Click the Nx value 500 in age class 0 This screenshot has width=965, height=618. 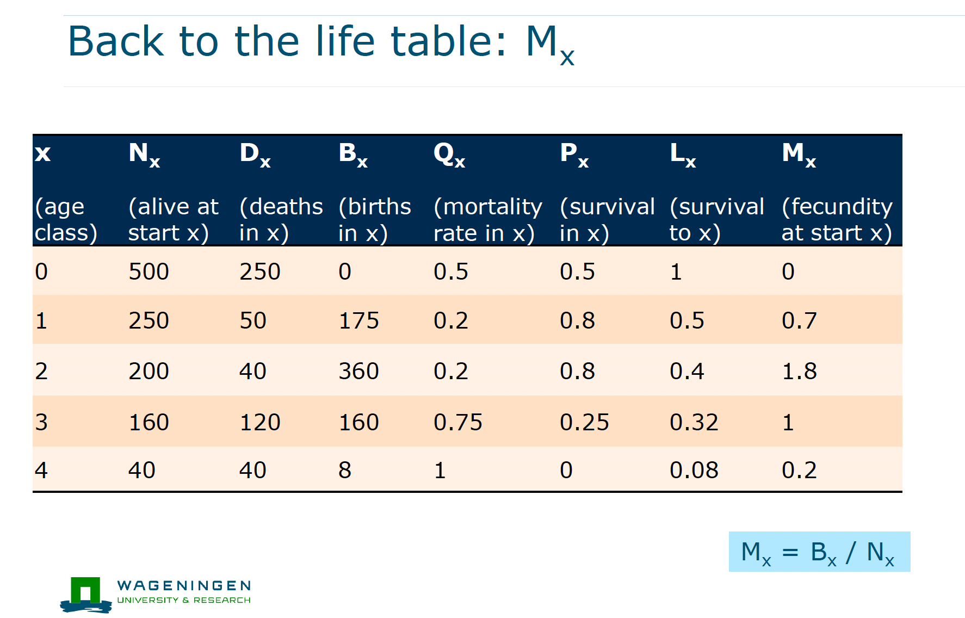click(149, 271)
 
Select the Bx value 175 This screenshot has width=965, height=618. click(358, 320)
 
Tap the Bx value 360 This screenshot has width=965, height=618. click(358, 371)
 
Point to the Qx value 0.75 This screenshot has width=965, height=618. click(457, 422)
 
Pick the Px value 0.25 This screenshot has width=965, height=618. click(584, 422)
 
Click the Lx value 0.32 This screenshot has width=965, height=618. click(694, 422)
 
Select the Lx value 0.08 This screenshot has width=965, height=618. click(694, 470)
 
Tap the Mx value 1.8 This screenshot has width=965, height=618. click(799, 371)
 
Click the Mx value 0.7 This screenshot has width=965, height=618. click(799, 320)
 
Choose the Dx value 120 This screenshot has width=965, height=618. click(260, 422)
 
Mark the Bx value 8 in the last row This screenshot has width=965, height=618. click(345, 470)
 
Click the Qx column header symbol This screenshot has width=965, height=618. click(449, 154)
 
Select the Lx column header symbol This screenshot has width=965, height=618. click(683, 154)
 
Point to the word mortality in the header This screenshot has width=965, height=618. click(488, 207)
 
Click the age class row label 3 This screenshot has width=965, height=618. click(41, 422)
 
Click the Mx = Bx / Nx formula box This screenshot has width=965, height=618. click(819, 552)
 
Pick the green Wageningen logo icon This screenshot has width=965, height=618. click(86, 595)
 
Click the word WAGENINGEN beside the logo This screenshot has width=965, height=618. click(184, 585)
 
